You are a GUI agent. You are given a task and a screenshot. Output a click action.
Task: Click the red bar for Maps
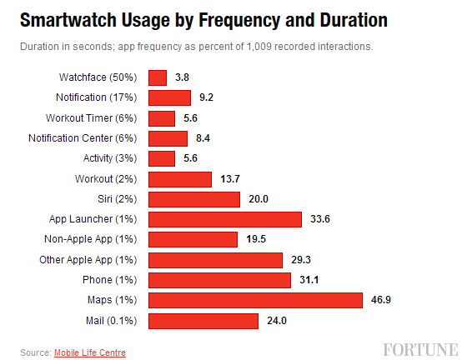[255, 300]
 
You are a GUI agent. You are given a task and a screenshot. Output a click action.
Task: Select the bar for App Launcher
[224, 219]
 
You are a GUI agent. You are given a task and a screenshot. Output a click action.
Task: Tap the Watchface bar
[158, 77]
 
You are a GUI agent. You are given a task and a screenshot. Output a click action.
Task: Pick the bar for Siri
[193, 199]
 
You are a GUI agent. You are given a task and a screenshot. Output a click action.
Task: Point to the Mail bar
[203, 321]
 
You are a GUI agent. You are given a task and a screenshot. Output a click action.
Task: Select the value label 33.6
[321, 219]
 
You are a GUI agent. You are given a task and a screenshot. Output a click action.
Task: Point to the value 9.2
[205, 97]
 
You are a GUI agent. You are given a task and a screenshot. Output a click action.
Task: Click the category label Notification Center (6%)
[83, 138]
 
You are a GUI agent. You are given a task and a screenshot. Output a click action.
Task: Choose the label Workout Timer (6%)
[93, 118]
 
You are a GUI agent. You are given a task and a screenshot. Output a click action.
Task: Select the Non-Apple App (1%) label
[92, 239]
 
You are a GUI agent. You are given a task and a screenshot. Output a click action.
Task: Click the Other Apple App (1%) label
[88, 260]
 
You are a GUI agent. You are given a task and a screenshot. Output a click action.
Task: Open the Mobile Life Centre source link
[90, 352]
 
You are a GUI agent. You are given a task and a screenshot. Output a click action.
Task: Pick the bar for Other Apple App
[215, 260]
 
